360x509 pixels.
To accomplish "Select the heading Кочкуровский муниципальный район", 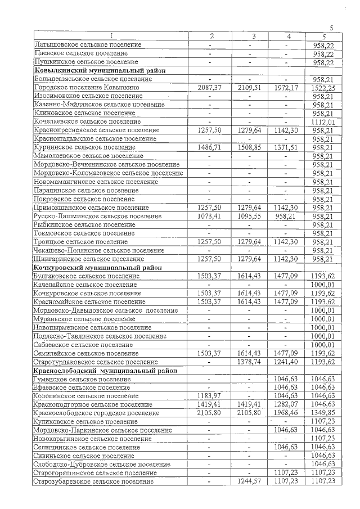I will (x=90, y=268).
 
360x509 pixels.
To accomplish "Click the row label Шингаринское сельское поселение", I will (x=88, y=259).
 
